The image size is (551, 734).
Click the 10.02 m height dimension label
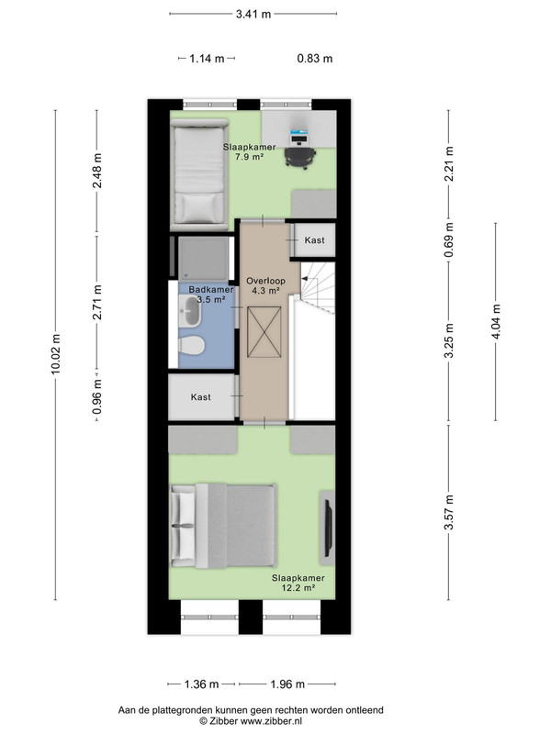pyautogui.click(x=56, y=354)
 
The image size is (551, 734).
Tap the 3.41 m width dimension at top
pyautogui.click(x=253, y=14)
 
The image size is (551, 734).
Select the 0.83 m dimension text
pyautogui.click(x=315, y=59)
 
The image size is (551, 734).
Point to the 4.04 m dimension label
pyautogui.click(x=496, y=321)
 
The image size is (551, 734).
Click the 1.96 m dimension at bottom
pyautogui.click(x=287, y=684)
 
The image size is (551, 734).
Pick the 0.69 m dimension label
pyautogui.click(x=449, y=240)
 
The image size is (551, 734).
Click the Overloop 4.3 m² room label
pyautogui.click(x=265, y=285)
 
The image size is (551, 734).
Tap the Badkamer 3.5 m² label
pyautogui.click(x=211, y=295)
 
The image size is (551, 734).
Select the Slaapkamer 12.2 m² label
pyautogui.click(x=298, y=583)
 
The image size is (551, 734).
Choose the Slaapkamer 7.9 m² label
pyautogui.click(x=249, y=151)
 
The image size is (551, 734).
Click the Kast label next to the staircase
pyautogui.click(x=314, y=240)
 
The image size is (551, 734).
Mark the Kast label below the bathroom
pyautogui.click(x=200, y=397)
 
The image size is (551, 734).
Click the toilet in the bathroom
pyautogui.click(x=191, y=346)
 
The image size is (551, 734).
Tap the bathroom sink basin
pyautogui.click(x=191, y=312)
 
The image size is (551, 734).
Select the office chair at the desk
pyautogui.click(x=300, y=157)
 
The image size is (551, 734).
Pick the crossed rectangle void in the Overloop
pyautogui.click(x=264, y=332)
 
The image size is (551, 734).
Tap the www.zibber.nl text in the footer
pyautogui.click(x=271, y=721)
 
